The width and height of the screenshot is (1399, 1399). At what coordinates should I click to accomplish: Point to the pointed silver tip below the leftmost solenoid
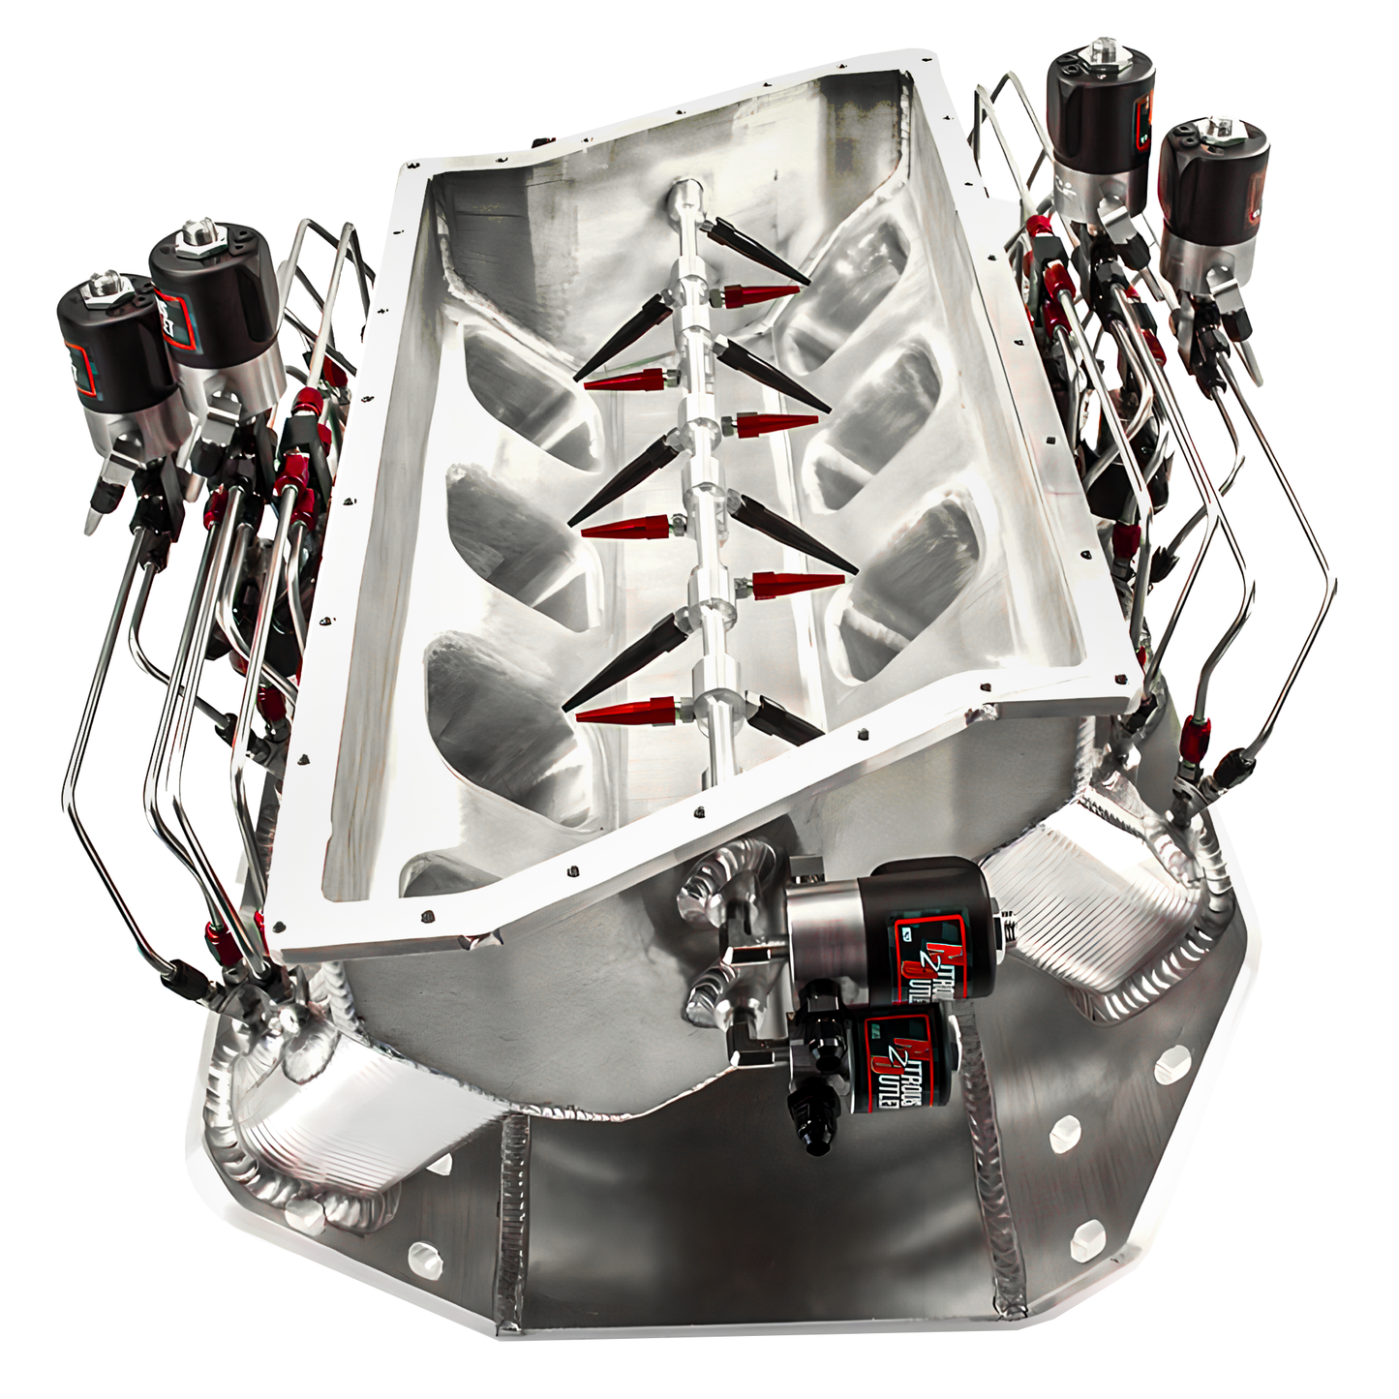tap(92, 519)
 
